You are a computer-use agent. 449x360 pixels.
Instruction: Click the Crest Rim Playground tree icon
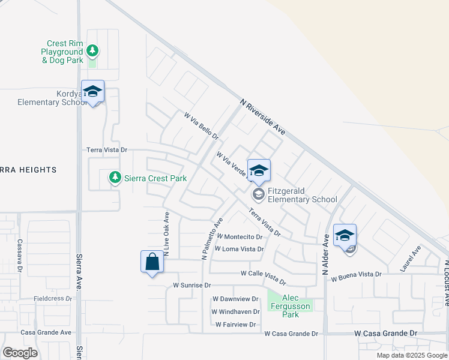tap(92, 50)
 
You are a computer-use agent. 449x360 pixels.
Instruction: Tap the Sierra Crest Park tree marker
tap(115, 178)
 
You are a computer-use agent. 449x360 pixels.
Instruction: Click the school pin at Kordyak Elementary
tap(92, 92)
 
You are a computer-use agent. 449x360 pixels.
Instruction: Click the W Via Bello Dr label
tap(201, 126)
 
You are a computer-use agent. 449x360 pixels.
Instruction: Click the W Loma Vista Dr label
tap(239, 249)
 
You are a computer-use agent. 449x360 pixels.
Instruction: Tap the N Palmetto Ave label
tap(212, 238)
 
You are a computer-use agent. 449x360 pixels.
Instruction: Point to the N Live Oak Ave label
tap(167, 233)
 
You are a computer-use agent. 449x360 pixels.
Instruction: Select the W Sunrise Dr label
tap(192, 286)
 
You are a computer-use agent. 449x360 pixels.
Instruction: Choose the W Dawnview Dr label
tap(235, 299)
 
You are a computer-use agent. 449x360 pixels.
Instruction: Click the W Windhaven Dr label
tap(235, 312)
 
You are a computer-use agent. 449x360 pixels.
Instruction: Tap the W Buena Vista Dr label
tap(352, 274)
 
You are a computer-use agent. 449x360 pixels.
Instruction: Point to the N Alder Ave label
tap(326, 255)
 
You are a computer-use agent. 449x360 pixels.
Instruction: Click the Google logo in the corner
tap(20, 352)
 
